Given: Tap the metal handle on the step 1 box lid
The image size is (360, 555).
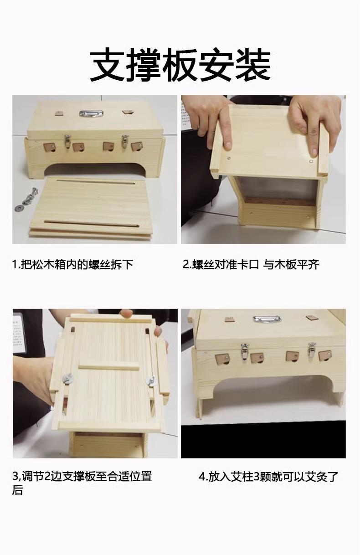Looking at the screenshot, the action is tap(91, 114).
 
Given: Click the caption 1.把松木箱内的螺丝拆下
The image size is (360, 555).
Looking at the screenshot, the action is tap(73, 264).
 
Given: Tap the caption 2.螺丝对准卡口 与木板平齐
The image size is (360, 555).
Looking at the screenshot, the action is tap(251, 264).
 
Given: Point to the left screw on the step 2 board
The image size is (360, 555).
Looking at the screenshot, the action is tap(229, 158).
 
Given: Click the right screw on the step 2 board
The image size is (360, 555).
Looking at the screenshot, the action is tap(310, 161).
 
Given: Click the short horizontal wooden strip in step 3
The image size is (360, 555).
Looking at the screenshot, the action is tap(109, 367).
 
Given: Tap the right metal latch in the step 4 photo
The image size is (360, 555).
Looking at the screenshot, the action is tap(312, 349).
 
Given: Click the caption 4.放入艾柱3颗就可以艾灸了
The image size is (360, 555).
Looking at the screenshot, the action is tap(268, 477).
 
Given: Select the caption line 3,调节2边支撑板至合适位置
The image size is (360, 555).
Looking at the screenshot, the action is tap(82, 477).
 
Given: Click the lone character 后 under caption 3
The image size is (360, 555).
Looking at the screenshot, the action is tap(17, 490).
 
